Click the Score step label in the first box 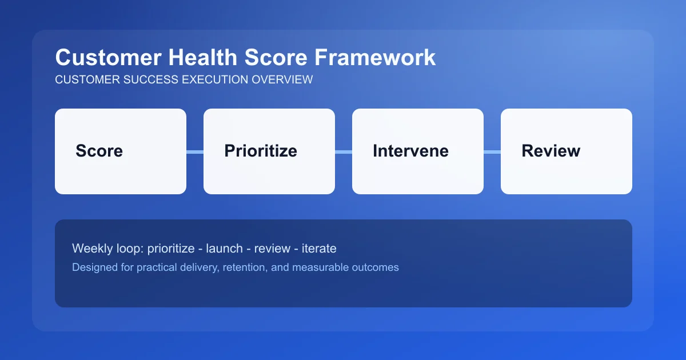tap(99, 151)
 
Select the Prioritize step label tap(261, 151)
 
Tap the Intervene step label tap(410, 151)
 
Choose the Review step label tap(551, 151)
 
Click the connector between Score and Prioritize tap(195, 152)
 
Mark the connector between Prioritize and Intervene tap(344, 152)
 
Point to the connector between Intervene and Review tap(492, 152)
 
